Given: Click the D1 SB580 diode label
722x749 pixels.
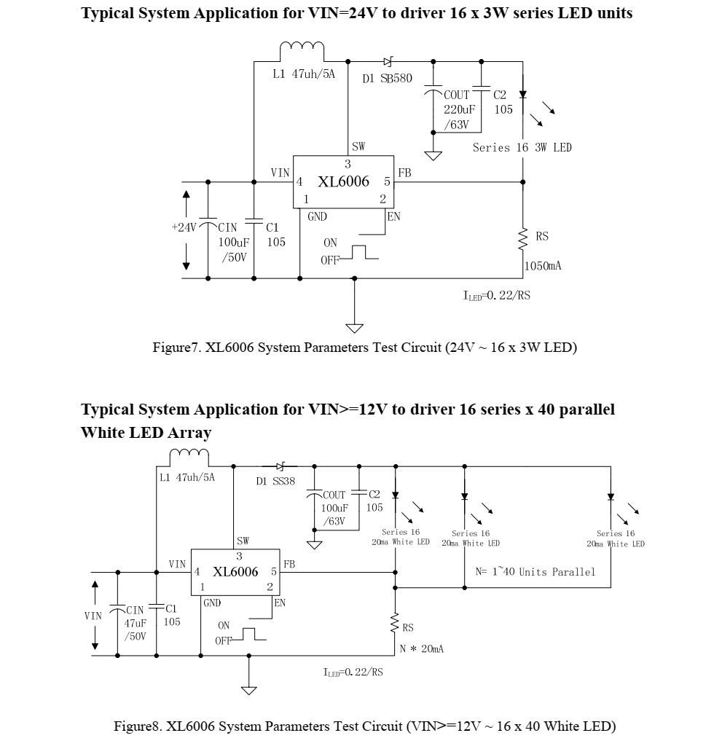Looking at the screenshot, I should [x=387, y=79].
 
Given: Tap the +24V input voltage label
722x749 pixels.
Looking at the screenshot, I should [x=184, y=227].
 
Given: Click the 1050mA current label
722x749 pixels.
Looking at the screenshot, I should [x=544, y=267].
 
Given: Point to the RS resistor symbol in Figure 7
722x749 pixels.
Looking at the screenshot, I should [x=522, y=238].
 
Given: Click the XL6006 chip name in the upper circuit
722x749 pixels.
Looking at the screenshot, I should [x=343, y=181].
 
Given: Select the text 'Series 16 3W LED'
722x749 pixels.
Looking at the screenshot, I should [x=522, y=148].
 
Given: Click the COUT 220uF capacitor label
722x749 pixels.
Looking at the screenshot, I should [x=458, y=109].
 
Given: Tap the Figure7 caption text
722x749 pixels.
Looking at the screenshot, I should [x=364, y=348].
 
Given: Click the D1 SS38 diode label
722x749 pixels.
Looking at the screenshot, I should [x=275, y=482].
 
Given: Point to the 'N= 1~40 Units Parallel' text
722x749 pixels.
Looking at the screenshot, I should [x=535, y=572].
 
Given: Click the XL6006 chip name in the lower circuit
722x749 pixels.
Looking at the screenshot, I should [x=235, y=572].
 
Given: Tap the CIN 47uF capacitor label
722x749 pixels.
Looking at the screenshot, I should [x=136, y=623].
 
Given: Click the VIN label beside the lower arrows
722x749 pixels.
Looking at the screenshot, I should [x=93, y=616].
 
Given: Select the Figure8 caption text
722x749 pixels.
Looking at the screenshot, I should [x=364, y=726].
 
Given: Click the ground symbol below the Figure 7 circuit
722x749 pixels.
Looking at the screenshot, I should [x=354, y=328].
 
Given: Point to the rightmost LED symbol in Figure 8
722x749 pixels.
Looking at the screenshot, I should [x=611, y=498].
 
